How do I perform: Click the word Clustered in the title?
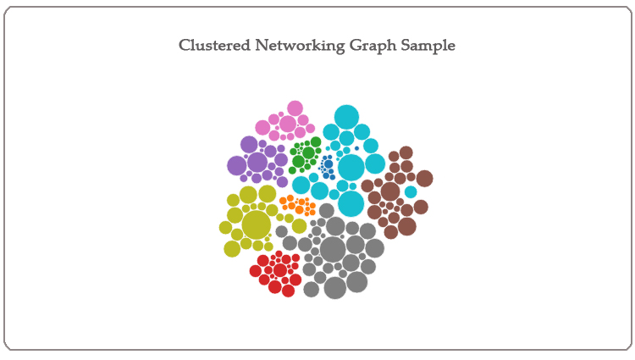215,45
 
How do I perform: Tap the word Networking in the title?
300,46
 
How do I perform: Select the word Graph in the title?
373,46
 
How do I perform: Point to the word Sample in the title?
428,46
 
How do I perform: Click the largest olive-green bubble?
256,224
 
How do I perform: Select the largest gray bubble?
333,250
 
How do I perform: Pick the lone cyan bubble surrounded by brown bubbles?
411,192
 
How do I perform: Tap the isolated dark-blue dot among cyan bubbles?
356,148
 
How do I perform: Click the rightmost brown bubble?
424,179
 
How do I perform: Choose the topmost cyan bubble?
346,117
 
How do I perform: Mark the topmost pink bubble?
295,108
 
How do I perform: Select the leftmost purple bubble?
236,166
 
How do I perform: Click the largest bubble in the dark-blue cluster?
329,164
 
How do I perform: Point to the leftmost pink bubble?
262,128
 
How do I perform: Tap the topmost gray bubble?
327,211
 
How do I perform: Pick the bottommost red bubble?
289,291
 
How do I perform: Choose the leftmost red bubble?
256,270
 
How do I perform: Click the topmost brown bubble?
406,152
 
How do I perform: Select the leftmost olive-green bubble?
225,227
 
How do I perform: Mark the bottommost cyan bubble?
351,203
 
